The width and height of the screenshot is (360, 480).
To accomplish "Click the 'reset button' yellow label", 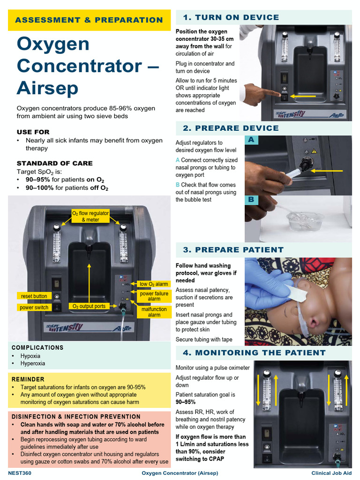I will tap(34, 296).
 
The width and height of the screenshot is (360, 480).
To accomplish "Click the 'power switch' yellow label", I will tap(34, 307).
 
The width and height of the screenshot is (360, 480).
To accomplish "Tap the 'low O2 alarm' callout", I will tap(153, 284).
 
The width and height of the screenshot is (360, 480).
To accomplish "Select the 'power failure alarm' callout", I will tap(154, 296).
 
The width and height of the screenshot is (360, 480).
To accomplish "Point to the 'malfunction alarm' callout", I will tap(154, 312).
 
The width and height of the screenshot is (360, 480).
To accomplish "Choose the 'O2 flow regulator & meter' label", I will tap(90, 216).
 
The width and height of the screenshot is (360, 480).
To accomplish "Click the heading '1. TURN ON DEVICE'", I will tap(231, 17).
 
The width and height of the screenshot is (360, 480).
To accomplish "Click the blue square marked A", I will tap(251, 140).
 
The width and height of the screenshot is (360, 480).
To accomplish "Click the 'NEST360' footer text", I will tap(20, 473).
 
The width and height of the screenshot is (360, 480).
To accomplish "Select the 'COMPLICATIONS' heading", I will tap(37, 347).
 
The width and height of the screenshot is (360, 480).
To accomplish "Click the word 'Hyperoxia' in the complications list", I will tap(33, 363).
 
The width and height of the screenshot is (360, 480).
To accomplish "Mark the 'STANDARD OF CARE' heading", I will tap(54, 163).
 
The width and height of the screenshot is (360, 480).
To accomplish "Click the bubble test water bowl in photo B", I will tap(305, 221).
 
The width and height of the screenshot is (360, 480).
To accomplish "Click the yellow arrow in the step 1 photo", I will tap(303, 96).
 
